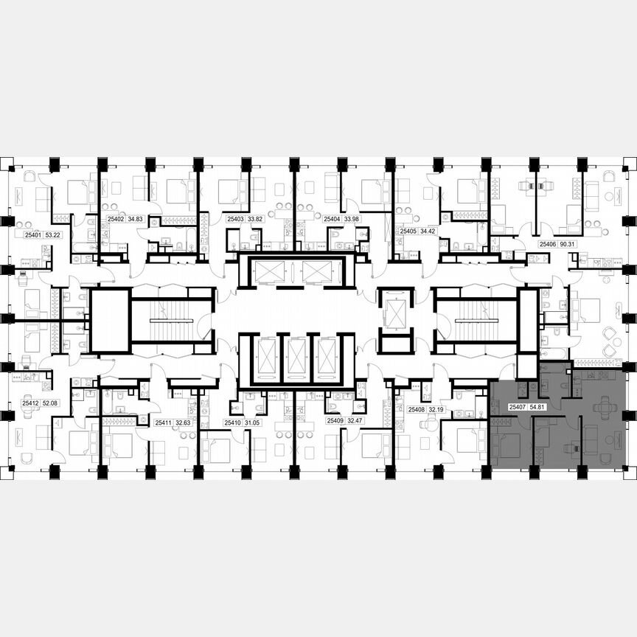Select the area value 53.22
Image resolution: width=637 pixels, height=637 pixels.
[53, 235]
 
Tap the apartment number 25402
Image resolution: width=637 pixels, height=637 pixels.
[116, 219]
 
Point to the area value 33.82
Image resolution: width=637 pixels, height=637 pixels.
[255, 219]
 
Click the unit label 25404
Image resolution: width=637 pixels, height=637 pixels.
[332, 219]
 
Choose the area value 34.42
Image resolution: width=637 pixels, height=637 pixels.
[428, 231]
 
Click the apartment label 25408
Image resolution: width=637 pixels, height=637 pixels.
[417, 409]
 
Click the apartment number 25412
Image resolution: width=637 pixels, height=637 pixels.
[30, 403]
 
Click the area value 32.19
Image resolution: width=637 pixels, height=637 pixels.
[437, 409]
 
